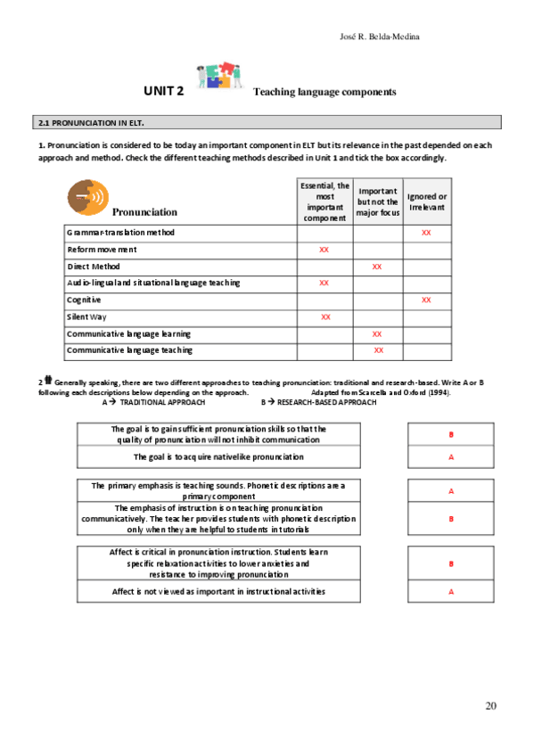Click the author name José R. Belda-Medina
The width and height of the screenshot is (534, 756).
380,37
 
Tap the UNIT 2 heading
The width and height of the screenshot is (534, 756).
164,91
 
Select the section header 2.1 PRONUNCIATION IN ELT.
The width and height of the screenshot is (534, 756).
90,122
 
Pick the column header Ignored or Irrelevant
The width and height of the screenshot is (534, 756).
427,201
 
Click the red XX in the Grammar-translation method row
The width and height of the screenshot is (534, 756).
426,233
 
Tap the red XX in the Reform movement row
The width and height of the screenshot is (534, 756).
324,250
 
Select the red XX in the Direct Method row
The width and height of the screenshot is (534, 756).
377,267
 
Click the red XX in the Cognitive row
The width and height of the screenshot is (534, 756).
426,300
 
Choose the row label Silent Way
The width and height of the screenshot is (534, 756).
86,316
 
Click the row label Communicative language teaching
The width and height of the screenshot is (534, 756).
128,350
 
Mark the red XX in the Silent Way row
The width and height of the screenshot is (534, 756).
325,317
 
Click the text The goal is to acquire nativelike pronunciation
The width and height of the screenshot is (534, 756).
218,456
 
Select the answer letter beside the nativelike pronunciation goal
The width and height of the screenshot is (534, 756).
451,457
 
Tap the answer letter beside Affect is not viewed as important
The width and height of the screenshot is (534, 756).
451,592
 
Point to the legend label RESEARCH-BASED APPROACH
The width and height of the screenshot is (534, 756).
325,402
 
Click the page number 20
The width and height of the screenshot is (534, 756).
490,706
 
